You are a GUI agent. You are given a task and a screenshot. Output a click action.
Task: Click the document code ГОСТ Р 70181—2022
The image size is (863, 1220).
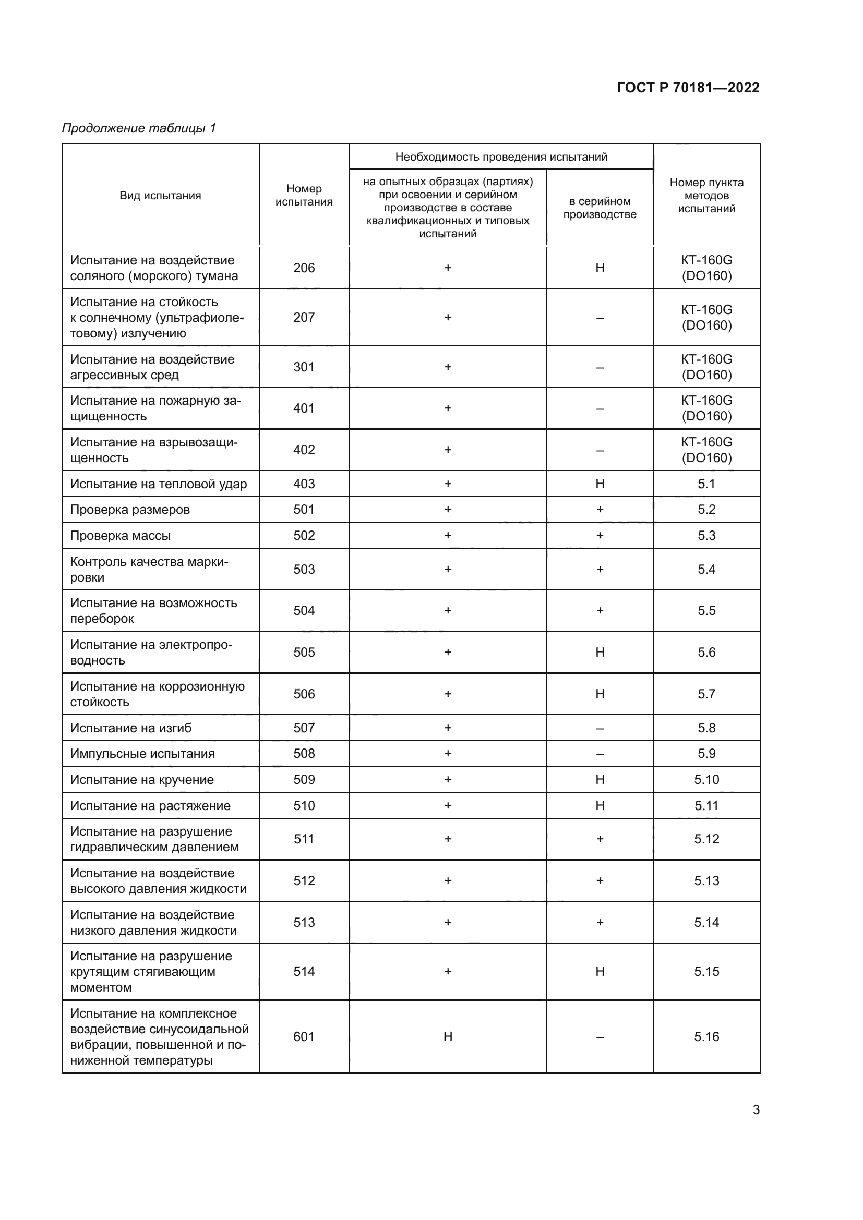tap(688, 88)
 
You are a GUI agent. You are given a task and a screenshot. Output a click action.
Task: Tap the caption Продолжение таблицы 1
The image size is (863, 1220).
tap(139, 128)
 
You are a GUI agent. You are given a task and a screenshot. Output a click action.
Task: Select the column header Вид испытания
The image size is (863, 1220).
tap(160, 196)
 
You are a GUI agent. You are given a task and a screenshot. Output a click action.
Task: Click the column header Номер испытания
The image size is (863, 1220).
tap(304, 195)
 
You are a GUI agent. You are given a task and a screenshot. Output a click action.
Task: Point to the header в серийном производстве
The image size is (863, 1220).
tap(600, 208)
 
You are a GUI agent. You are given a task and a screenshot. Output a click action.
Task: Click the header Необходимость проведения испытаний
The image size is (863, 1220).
tap(500, 157)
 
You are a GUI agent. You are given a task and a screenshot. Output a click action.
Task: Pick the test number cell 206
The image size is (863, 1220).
tap(304, 268)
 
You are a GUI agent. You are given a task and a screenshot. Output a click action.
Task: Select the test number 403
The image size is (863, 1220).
tap(304, 484)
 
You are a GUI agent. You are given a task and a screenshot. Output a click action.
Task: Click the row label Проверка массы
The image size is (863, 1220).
tap(120, 536)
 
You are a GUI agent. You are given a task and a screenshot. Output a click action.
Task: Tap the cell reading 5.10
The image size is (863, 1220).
tap(706, 779)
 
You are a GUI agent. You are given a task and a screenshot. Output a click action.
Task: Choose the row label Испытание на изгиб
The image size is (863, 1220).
tap(131, 728)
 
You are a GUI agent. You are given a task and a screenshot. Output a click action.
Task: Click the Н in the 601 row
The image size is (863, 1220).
tap(448, 1036)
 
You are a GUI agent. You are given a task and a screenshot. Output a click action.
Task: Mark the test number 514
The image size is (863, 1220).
tap(304, 971)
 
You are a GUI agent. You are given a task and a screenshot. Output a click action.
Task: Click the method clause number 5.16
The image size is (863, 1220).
tap(706, 1036)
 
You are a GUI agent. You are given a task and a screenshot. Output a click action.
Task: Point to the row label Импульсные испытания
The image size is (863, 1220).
tap(142, 754)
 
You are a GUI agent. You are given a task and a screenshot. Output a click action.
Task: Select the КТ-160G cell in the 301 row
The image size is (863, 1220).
tap(706, 367)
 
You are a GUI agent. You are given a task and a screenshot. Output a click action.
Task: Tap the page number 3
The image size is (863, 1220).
tap(756, 1109)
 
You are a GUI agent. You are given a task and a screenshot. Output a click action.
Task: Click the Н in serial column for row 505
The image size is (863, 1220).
tap(600, 652)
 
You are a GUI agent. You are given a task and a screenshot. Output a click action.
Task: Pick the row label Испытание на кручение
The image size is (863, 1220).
tap(142, 779)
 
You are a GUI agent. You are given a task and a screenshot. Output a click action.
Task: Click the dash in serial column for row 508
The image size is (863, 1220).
tap(600, 754)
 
